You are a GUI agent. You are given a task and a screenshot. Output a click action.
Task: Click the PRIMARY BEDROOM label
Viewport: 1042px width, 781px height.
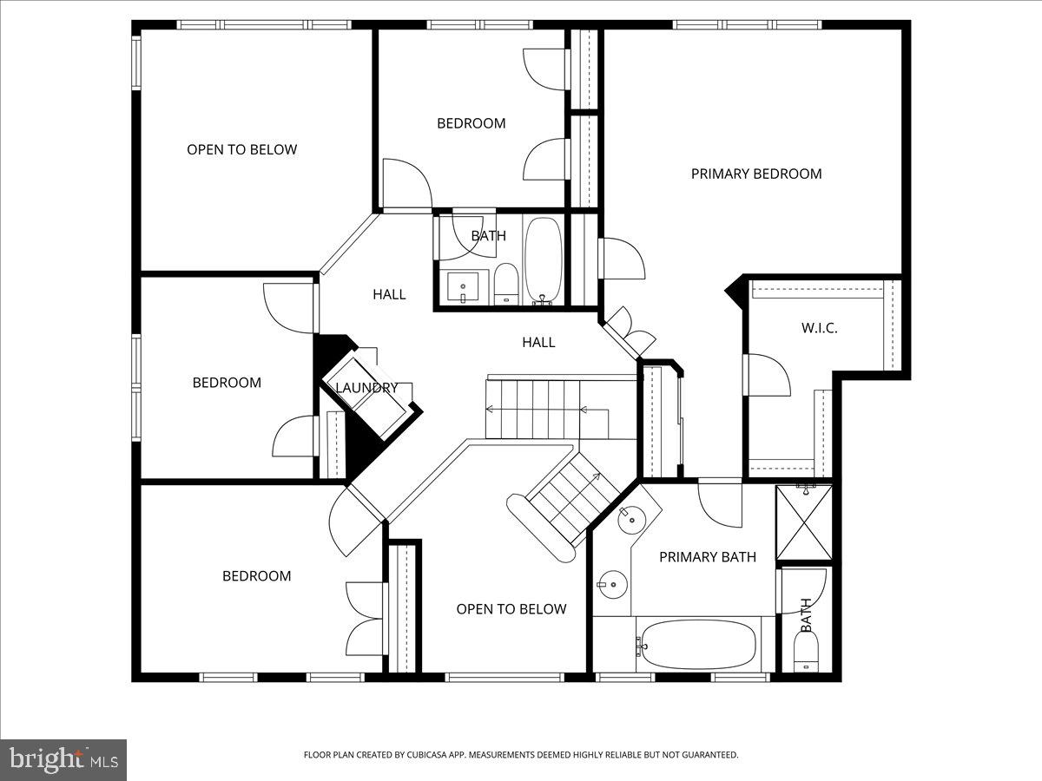tap(755, 174)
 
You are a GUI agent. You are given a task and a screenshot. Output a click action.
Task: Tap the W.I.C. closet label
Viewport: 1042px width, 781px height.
tap(819, 328)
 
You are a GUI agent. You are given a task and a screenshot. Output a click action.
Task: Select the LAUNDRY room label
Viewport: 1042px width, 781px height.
tap(366, 388)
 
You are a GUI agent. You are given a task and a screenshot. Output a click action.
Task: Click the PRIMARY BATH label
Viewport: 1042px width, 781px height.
tap(707, 557)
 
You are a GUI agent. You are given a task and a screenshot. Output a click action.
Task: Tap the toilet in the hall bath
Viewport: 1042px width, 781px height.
tap(506, 285)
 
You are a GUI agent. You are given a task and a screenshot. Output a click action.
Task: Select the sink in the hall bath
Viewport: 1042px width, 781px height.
tap(463, 286)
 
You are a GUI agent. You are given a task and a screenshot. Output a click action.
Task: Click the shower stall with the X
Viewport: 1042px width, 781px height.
tap(804, 522)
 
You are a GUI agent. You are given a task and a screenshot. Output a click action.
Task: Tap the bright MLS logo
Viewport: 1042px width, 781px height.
tap(63, 759)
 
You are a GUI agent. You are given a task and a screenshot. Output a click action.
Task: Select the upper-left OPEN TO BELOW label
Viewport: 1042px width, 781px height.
tap(241, 149)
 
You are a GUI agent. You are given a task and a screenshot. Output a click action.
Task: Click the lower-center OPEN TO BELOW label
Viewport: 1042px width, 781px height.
tap(511, 609)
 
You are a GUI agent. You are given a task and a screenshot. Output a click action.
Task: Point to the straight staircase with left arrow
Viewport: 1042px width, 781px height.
tap(534, 410)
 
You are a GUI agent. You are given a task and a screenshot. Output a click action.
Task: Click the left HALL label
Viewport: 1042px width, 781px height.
tap(389, 294)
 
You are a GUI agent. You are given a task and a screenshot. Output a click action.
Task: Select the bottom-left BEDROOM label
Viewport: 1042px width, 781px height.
tap(256, 576)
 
